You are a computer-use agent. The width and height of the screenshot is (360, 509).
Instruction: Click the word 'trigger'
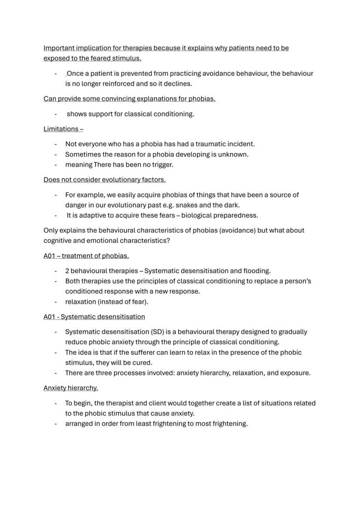point(161,165)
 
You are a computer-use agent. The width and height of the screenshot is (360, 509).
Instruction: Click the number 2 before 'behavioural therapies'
point(67,271)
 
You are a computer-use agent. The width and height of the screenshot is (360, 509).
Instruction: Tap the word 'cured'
point(142,363)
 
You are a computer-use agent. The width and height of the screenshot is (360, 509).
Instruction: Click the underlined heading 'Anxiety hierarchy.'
point(70,388)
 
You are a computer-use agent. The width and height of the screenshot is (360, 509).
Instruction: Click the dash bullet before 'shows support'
point(56,114)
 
